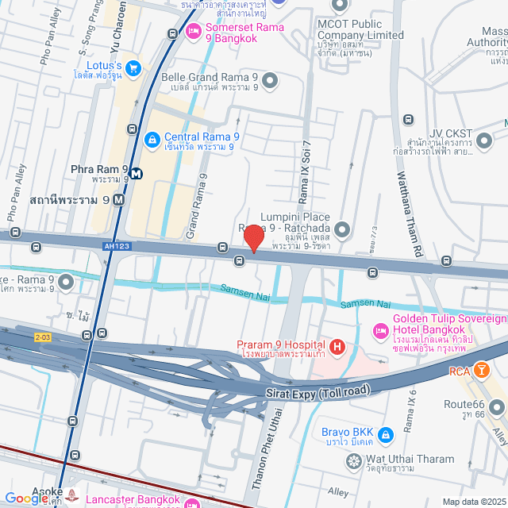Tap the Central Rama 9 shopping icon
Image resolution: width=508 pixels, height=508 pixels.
pos(152,139)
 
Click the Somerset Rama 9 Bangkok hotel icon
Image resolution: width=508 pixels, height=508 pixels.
pos(192,32)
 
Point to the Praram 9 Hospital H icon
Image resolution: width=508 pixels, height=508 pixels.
pos(337,346)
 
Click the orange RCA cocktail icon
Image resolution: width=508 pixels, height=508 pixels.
pos(480,370)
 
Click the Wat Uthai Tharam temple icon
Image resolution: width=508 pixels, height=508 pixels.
pos(354,460)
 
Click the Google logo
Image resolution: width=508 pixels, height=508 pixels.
pos(26,498)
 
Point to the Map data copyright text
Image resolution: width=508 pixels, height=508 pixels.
pos(472,502)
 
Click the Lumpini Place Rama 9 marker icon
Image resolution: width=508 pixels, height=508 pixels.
pos(342,230)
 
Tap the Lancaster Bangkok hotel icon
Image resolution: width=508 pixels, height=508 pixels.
pos(191,502)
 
